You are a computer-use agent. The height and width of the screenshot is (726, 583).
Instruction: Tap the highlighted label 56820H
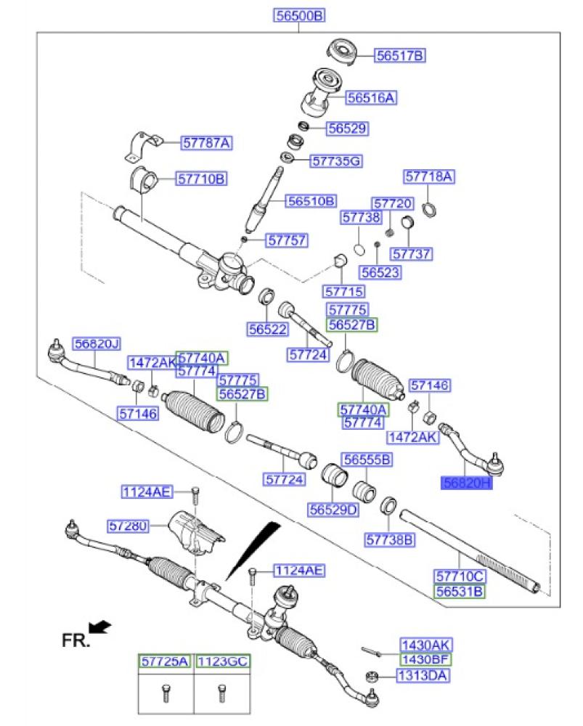tap(467, 481)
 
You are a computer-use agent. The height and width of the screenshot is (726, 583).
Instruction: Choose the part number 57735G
tap(336, 160)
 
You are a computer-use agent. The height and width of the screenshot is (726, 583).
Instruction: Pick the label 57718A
tap(429, 176)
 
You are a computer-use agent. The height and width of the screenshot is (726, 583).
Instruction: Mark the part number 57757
tap(286, 240)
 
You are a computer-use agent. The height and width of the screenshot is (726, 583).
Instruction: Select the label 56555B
tap(367, 460)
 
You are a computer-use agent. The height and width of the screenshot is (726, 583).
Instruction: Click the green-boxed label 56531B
tap(459, 592)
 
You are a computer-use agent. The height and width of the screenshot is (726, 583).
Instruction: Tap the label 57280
tap(128, 524)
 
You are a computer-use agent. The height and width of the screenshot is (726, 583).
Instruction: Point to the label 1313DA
tap(423, 676)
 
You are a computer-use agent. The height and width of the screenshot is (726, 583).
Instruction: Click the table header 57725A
tap(165, 661)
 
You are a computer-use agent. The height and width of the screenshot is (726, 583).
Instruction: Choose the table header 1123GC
tap(221, 661)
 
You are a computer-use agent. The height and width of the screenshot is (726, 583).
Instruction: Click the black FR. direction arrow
tap(100, 626)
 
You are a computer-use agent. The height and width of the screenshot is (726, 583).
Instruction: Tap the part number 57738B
tap(390, 539)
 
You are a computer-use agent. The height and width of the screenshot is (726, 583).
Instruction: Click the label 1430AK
tap(426, 645)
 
